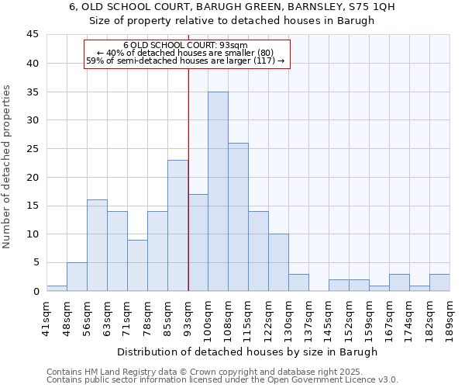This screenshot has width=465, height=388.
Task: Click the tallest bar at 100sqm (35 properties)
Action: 218,192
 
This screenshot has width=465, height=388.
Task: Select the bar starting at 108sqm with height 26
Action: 238,217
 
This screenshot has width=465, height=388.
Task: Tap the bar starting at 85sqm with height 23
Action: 177,226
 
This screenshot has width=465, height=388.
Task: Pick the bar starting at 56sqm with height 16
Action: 97,245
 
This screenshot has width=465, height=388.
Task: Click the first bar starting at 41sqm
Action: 57,288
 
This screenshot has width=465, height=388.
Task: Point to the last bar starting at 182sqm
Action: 439,282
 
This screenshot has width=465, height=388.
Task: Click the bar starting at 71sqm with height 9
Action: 137,265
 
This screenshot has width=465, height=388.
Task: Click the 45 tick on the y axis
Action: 33,35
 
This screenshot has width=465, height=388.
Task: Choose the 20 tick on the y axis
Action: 33,177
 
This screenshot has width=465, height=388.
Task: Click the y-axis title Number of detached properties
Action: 8,167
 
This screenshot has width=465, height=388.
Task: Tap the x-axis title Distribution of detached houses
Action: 247,352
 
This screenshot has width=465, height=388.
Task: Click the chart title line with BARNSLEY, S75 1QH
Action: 232,6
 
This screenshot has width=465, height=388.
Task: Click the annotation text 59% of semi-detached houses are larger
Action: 185,61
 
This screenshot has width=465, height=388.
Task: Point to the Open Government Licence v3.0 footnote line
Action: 222,379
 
